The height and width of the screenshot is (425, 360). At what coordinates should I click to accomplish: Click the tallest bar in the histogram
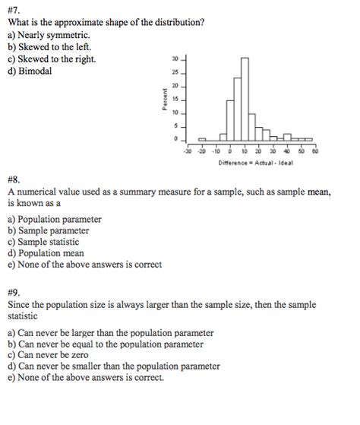point(244,99)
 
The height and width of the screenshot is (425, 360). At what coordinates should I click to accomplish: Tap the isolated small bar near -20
point(202,139)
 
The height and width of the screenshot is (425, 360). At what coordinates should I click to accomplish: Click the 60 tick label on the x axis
point(314,151)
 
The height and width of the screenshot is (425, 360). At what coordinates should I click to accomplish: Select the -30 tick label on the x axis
point(187,151)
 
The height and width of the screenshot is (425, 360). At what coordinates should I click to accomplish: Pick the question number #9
point(15,290)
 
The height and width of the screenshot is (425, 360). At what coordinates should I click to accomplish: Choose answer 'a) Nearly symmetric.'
point(49,35)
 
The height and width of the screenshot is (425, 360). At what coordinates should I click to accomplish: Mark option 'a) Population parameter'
point(54,219)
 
